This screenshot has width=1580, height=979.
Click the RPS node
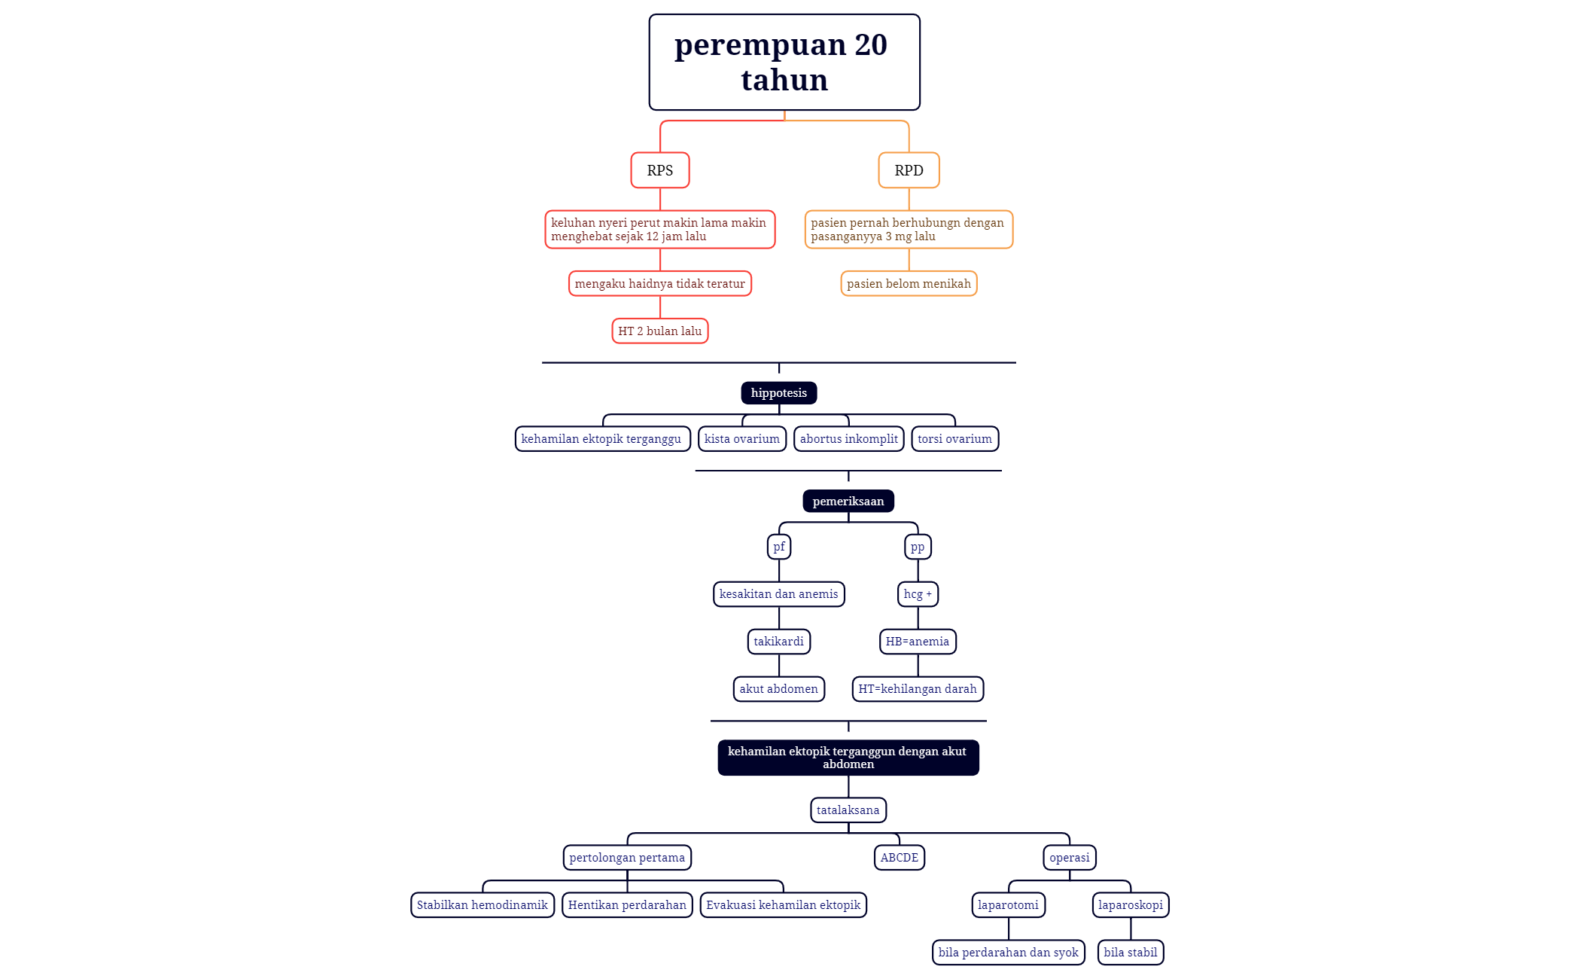660,170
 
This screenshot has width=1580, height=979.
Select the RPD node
909,170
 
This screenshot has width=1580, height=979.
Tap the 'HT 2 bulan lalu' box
660,331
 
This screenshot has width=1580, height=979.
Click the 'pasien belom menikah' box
909,284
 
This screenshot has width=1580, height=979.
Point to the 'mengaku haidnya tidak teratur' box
660,284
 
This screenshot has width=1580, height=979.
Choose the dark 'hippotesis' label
779,393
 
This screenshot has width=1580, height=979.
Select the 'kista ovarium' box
742,439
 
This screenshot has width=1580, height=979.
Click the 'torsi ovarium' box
955,439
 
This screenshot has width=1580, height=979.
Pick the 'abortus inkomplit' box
849,439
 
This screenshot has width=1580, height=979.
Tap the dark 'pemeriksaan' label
848,502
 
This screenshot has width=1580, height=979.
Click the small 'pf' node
779,547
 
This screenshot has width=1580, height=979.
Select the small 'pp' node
918,547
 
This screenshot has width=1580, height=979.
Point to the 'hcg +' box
918,594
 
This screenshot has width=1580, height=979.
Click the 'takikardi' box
779,642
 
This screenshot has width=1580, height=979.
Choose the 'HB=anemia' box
918,642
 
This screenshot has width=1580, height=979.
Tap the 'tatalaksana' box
848,810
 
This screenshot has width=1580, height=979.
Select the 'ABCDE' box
900,858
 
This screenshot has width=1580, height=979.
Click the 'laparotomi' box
1009,905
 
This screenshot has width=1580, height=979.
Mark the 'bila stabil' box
1131,953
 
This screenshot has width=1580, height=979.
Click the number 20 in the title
871,45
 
